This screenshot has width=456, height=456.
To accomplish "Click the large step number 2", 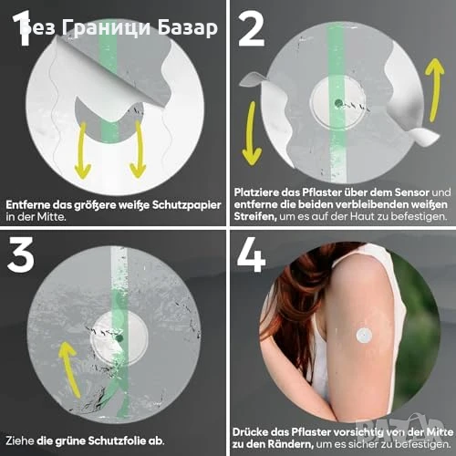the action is pos(251,29).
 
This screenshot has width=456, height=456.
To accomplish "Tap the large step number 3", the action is pos(21,254).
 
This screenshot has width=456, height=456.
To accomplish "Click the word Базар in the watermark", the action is pos(188,28).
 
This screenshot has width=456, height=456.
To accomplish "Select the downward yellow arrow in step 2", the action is pos(252,133).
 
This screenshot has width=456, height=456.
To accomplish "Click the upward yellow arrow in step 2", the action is pos(435,90).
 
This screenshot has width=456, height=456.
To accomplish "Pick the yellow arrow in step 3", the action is pos(70,368).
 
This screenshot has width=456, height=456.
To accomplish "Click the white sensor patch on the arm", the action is pos(364,336).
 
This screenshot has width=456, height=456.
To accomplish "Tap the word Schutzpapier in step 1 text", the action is pos(186,205).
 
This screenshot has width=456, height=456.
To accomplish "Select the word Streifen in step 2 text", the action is pos(255,217).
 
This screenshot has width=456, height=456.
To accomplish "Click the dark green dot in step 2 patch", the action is pos(337,103).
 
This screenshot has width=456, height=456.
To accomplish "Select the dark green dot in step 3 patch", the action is pos(119,338).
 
